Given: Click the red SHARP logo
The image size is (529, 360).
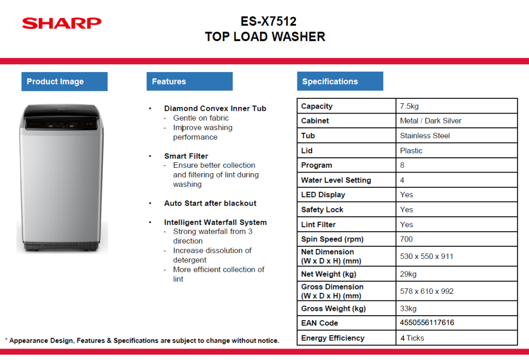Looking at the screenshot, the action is coord(62,23).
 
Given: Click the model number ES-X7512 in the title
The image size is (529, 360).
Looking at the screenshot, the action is coord(268,21).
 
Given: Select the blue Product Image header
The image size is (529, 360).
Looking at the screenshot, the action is coord(64,81).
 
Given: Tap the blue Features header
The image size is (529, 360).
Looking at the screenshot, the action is coord(189,81).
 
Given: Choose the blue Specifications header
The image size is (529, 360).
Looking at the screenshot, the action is coord(340,81).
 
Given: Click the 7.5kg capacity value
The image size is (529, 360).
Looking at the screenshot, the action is coord(409,106).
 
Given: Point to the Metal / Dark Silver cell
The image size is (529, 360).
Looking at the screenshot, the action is coord(431,121).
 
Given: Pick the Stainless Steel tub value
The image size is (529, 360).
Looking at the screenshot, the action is coord(425,135).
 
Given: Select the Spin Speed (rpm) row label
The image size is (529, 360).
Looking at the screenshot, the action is coord(332,239).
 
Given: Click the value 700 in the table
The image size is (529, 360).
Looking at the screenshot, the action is coord(406,239).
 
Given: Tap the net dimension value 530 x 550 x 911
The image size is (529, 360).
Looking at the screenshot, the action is coord(426,256).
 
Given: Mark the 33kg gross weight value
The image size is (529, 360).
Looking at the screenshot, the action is coord(408,309).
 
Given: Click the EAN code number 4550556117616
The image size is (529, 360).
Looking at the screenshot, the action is coord(427,322).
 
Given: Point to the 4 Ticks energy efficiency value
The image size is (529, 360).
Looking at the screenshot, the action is coord(412,338).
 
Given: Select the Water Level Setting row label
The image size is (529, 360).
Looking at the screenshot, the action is coord(336,180).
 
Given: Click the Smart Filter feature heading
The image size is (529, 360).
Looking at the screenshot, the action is coord(186,156).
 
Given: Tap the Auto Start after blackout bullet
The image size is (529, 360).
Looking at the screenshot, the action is coord(210,203).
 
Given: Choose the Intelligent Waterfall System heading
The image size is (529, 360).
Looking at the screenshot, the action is coord(215,222).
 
